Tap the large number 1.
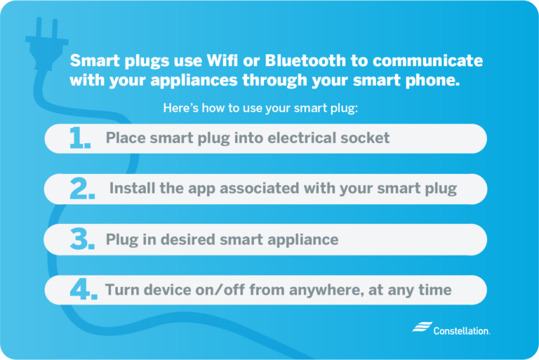pos(80,139)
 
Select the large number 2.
pos(82,189)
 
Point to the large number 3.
pos(82,240)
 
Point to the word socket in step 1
pos(364,138)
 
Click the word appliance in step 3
pos(302,239)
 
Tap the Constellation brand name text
pos(462,330)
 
